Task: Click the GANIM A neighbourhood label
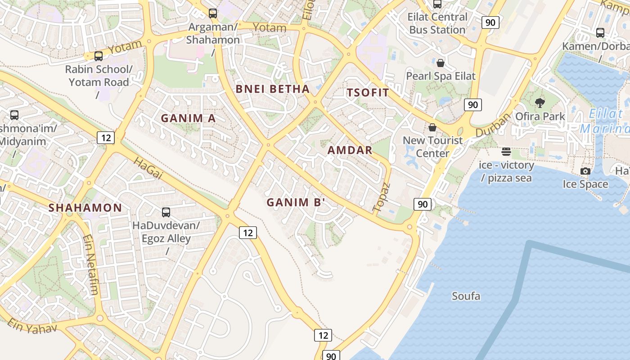click(188, 118)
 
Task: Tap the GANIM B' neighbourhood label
click(296, 202)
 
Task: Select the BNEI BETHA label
click(273, 89)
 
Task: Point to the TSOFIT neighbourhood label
click(368, 93)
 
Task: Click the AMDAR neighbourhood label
click(350, 150)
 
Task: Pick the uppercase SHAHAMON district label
click(85, 207)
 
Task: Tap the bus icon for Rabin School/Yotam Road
click(99, 56)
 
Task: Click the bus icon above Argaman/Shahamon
click(213, 13)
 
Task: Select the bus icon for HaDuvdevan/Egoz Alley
click(166, 212)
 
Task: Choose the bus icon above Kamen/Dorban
click(600, 33)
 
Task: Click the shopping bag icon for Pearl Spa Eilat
click(441, 63)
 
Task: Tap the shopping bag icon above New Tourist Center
click(432, 127)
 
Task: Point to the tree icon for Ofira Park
click(540, 103)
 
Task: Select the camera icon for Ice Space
click(585, 171)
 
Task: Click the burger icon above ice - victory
click(506, 152)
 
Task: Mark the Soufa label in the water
click(466, 296)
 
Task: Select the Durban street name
click(493, 125)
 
